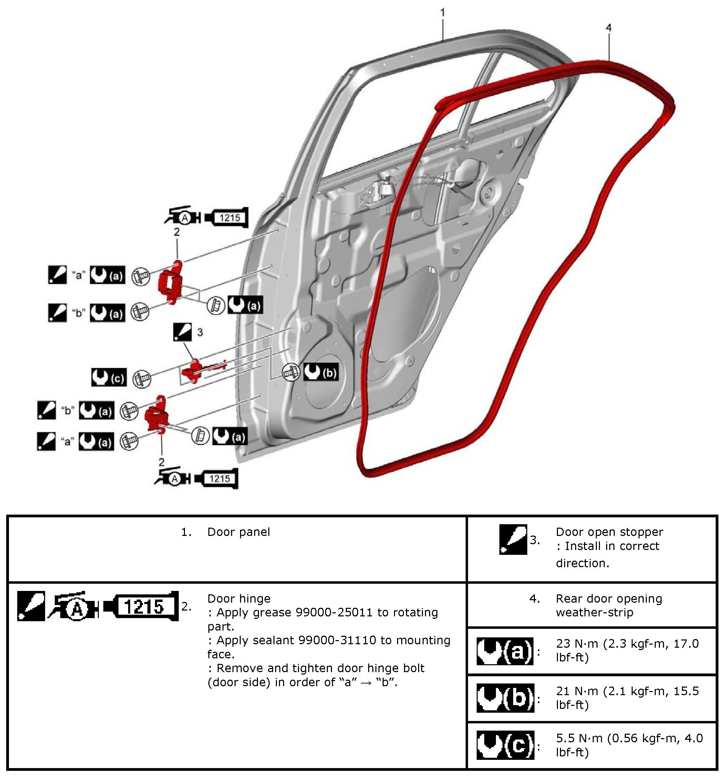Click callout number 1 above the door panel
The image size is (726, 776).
click(443, 13)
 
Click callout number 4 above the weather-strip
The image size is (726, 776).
click(608, 28)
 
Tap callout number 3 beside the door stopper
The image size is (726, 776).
click(200, 332)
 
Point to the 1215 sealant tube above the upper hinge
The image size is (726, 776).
click(227, 218)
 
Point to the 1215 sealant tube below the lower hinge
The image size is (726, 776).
click(217, 478)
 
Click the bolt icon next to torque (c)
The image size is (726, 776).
click(142, 379)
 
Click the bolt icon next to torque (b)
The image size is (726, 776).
click(291, 373)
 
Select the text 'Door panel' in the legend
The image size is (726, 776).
click(238, 532)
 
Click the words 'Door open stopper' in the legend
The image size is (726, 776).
click(609, 532)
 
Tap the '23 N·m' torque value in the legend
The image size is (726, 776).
click(577, 644)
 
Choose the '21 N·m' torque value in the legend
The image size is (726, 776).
click(577, 691)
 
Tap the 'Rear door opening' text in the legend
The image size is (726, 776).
click(609, 599)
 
